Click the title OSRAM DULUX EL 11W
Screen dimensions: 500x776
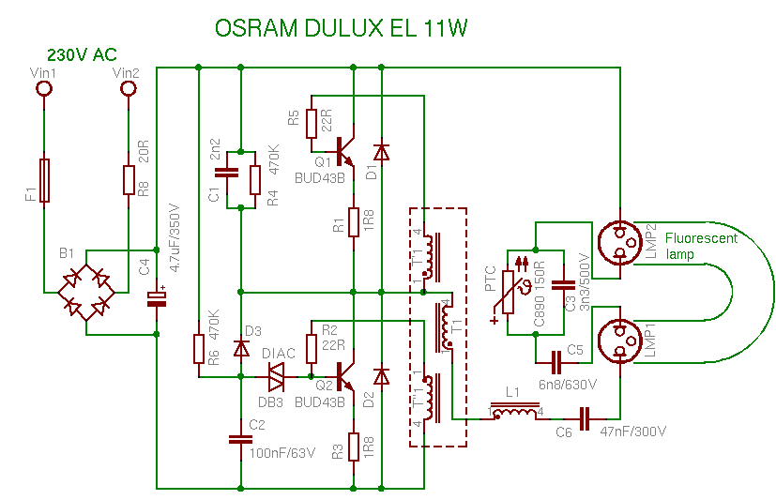(x=342, y=28)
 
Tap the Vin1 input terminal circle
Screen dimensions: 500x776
(x=43, y=89)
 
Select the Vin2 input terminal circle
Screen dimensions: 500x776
(x=129, y=89)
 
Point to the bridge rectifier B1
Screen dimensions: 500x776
(x=84, y=291)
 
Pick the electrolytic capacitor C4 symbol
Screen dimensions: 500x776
(x=157, y=298)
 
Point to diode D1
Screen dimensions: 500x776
(x=381, y=151)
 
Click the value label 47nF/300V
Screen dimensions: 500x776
(x=633, y=432)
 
